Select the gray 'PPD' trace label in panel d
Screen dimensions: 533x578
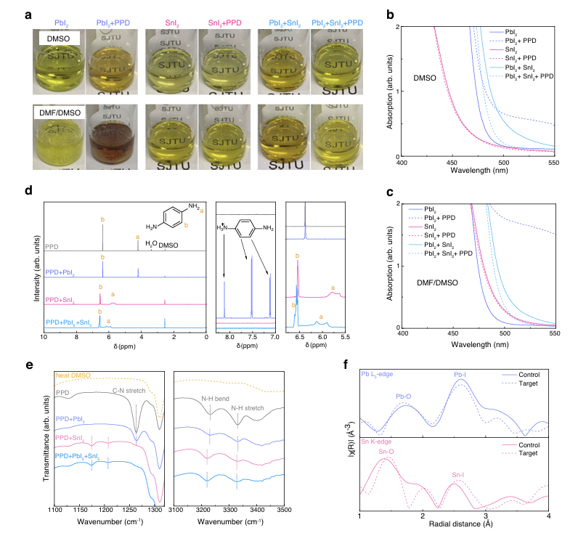(52, 246)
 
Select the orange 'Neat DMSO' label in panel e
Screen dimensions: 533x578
(72, 375)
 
